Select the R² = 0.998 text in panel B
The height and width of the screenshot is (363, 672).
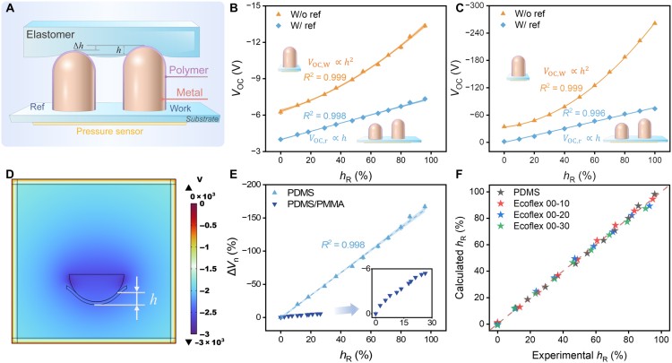click(306, 115)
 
